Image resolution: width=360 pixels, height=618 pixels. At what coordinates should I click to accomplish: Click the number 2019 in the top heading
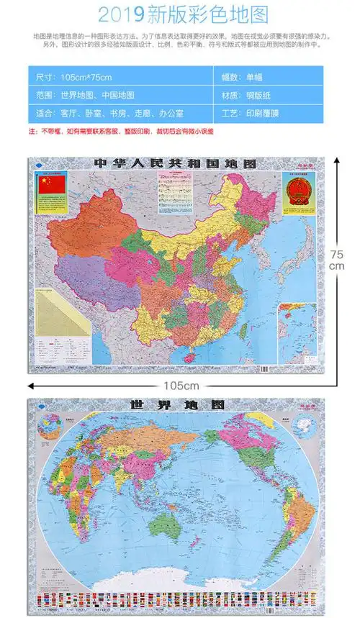pos(122,14)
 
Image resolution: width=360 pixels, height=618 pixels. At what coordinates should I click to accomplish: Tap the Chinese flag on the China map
pos(52,185)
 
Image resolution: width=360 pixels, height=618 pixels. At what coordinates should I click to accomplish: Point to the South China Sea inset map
pos(297,331)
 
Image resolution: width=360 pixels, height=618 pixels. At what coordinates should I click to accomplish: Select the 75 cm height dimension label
pos(337,260)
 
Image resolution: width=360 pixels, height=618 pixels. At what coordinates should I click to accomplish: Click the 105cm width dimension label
pos(180,386)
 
